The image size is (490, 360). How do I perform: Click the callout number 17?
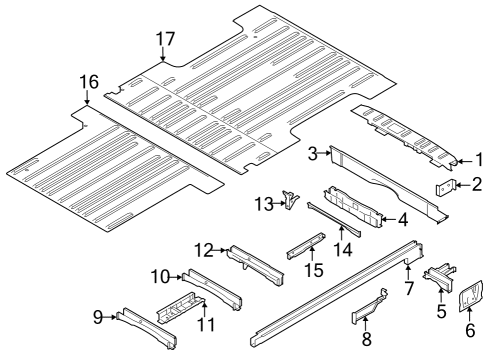pos(164,40)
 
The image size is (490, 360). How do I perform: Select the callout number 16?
pos(89,82)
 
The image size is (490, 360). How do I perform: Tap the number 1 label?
pos(478,157)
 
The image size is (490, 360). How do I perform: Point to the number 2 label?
pos(477,183)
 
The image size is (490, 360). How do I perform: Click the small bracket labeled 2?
pos(447,186)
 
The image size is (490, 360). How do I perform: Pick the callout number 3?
pos(313,153)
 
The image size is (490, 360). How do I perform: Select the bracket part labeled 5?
pos(437,280)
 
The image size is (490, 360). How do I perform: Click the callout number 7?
pos(407,289)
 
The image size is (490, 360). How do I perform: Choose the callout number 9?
pos(98,317)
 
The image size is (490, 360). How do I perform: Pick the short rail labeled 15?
pos(303,245)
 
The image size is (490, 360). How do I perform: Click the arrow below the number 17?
pos(164,57)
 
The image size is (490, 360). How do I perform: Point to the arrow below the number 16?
pos(89,99)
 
